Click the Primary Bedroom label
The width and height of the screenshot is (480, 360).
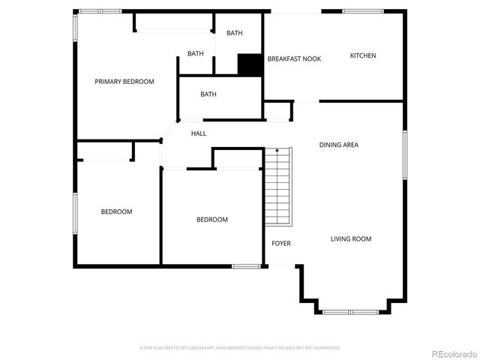click(x=124, y=82)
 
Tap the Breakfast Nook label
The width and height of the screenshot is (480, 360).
click(x=294, y=58)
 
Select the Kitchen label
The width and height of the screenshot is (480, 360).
click(x=363, y=55)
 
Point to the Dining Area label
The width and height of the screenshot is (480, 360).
click(x=338, y=145)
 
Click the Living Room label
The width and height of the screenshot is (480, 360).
click(x=351, y=239)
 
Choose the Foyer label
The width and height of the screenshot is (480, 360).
click(x=281, y=243)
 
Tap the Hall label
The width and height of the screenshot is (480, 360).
click(x=199, y=133)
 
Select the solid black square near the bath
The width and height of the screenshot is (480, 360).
click(x=249, y=64)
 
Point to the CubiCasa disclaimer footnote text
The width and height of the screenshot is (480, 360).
click(x=240, y=348)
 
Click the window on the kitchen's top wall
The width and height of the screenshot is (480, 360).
click(x=364, y=10)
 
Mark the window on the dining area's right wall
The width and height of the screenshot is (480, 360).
click(x=404, y=154)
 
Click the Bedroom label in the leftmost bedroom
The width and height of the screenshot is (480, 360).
click(x=116, y=211)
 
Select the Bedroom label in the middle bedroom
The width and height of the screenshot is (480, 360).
click(x=211, y=220)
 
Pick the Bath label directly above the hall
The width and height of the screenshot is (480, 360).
click(x=208, y=94)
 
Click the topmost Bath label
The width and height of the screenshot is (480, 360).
click(x=235, y=33)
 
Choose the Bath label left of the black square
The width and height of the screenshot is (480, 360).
click(x=196, y=53)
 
